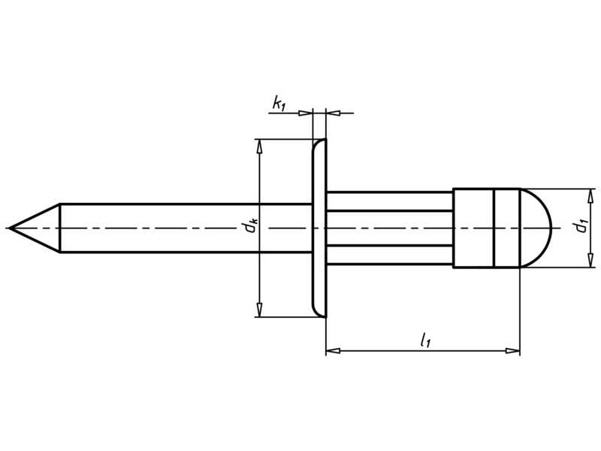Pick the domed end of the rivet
point(537,227)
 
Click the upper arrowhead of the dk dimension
point(259,146)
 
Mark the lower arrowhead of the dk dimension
point(259,310)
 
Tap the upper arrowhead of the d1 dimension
point(591,195)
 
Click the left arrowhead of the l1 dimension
point(332,350)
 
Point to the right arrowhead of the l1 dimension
point(512,350)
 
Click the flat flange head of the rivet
point(319,228)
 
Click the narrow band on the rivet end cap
point(506,227)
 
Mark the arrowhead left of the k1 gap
point(307,113)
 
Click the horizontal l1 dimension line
point(376,350)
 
